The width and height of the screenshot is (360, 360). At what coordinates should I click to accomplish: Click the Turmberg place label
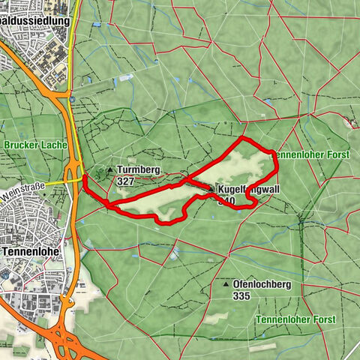138,170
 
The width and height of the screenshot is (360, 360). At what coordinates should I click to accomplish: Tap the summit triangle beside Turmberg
110,170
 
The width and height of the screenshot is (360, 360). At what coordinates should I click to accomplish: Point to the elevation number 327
126,181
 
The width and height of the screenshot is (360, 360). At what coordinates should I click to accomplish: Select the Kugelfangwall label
250,190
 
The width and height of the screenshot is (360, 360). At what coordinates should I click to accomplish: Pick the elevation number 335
241,295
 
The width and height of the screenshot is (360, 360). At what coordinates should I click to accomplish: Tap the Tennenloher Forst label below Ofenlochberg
295,320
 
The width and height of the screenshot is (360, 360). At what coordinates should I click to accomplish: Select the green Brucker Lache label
35,145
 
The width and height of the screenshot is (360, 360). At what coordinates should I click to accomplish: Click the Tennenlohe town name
31,252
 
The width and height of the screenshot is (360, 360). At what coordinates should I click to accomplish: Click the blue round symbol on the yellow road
70,97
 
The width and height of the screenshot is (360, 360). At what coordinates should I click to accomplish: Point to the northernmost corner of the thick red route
241,139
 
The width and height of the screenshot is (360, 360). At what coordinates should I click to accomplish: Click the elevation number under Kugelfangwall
226,200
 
